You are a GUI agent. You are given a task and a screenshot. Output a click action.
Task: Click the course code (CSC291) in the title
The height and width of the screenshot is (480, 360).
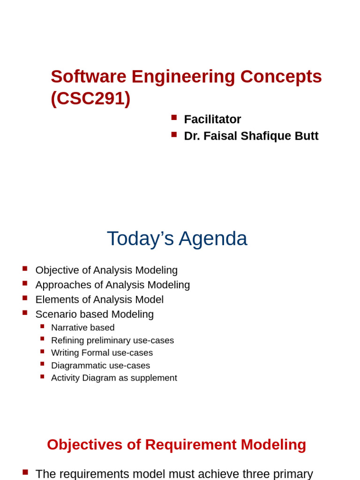[90, 98]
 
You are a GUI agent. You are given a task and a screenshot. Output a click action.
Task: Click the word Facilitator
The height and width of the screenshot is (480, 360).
[212, 120]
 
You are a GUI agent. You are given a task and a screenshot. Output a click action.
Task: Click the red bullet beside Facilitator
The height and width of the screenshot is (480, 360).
[174, 118]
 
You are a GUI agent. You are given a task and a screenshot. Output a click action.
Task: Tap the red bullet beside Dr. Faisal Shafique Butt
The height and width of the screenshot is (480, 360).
[174, 135]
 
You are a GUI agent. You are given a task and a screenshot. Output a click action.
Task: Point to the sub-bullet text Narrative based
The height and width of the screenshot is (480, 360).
[82, 328]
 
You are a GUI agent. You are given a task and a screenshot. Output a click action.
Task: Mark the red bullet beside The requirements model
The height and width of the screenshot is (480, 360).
[25, 472]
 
